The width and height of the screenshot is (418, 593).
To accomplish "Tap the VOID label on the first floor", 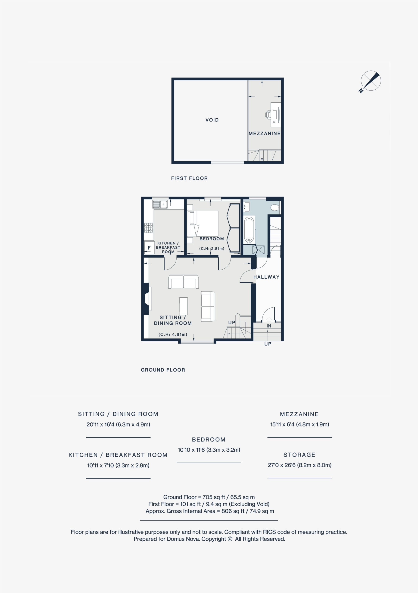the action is tap(212, 120).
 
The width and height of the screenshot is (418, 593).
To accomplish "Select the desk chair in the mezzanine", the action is tap(268, 114).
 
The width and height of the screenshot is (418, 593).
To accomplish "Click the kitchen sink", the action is tap(160, 204).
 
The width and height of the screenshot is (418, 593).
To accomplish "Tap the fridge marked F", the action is tap(149, 248).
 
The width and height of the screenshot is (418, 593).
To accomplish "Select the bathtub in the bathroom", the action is tap(249, 230).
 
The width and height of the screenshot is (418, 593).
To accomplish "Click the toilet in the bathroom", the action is tap(275, 207).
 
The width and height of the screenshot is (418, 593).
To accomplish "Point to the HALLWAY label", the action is tap(266, 277).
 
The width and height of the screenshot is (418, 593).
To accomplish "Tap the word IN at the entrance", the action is tap(269, 326).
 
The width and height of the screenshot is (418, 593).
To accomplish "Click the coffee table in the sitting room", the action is tap(184, 306).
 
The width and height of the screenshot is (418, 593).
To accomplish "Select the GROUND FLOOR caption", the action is tap(163, 370).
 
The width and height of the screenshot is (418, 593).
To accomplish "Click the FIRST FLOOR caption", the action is tap(189, 178).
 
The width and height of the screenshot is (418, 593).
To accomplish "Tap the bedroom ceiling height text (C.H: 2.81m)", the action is tap(212, 249).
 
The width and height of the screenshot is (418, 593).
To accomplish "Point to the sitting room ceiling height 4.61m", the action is tap(173, 334).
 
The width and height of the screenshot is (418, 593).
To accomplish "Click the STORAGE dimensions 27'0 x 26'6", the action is tap(299, 465).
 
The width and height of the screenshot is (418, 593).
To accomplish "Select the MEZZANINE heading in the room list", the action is tap(299, 414).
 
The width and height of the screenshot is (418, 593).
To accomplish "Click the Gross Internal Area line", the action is tap(210, 511).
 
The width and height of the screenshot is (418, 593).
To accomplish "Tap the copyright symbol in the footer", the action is tap(230, 539).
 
